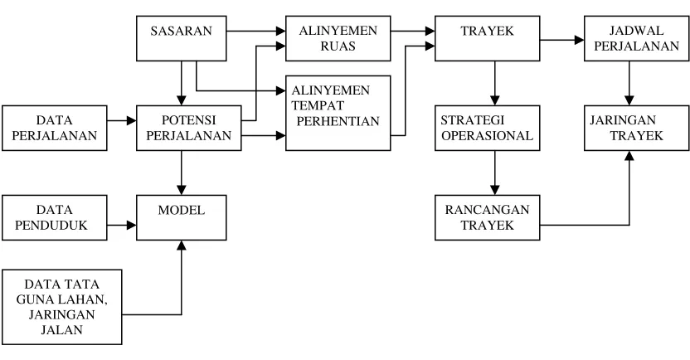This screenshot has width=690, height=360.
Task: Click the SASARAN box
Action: pyautogui.click(x=182, y=38)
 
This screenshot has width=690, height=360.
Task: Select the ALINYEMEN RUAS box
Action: pyautogui.click(x=338, y=38)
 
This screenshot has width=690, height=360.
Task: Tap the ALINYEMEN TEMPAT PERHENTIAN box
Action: pyautogui.click(x=338, y=113)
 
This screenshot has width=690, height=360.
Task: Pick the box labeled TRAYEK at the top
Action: pyautogui.click(x=487, y=38)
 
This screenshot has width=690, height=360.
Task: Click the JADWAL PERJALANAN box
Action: pyautogui.click(x=636, y=38)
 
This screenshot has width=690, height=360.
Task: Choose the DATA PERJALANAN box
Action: pyautogui.click(x=55, y=128)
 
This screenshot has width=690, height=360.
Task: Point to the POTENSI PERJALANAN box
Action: pyautogui.click(x=189, y=128)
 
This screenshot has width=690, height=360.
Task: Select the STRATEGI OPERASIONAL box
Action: pyautogui.click(x=487, y=128)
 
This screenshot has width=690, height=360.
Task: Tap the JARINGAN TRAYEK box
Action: pyautogui.click(x=636, y=128)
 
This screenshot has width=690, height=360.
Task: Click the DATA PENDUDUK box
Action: pyautogui.click(x=55, y=217)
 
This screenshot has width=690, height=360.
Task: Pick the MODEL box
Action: pyautogui.click(x=182, y=217)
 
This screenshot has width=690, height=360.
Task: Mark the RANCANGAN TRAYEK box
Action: pyautogui.click(x=487, y=217)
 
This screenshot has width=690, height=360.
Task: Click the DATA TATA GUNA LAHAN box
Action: pyautogui.click(x=61, y=307)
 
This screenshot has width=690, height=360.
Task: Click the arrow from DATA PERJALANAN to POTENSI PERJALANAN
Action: pyautogui.click(x=121, y=120)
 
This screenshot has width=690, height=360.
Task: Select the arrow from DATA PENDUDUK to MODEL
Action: pyautogui.click(x=121, y=226)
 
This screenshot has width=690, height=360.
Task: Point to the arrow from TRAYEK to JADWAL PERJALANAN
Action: pyautogui.click(x=562, y=40)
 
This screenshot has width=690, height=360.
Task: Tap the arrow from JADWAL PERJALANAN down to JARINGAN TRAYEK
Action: pyautogui.click(x=629, y=83)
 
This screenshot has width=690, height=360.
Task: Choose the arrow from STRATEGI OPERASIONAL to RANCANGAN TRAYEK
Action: pyautogui.click(x=494, y=173)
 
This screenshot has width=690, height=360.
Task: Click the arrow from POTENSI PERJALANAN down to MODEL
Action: pyautogui.click(x=182, y=173)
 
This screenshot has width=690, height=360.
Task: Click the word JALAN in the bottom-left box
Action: pyautogui.click(x=61, y=329)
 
